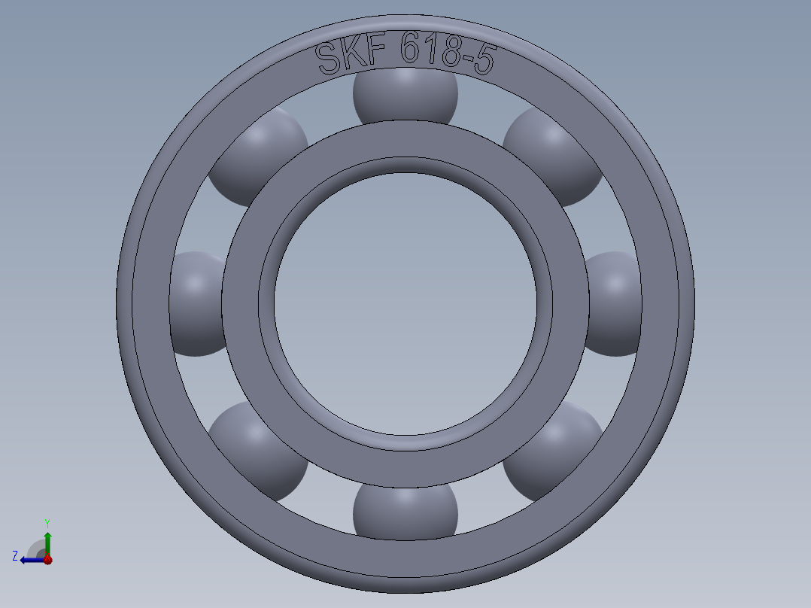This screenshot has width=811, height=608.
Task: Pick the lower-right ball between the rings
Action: coord(552,450)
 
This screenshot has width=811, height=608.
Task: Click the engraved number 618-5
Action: coord(448,54)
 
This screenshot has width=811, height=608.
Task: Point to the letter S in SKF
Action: coord(328,59)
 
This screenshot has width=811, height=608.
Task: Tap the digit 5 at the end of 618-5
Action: coord(485,60)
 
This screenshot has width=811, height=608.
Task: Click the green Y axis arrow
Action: coord(47,540)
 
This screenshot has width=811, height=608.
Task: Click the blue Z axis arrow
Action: coord(32,559)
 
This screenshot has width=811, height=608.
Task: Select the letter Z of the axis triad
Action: coord(15,556)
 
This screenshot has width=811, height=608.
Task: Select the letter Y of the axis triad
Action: coord(47,522)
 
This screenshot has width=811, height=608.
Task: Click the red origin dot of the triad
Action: coord(47,559)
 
